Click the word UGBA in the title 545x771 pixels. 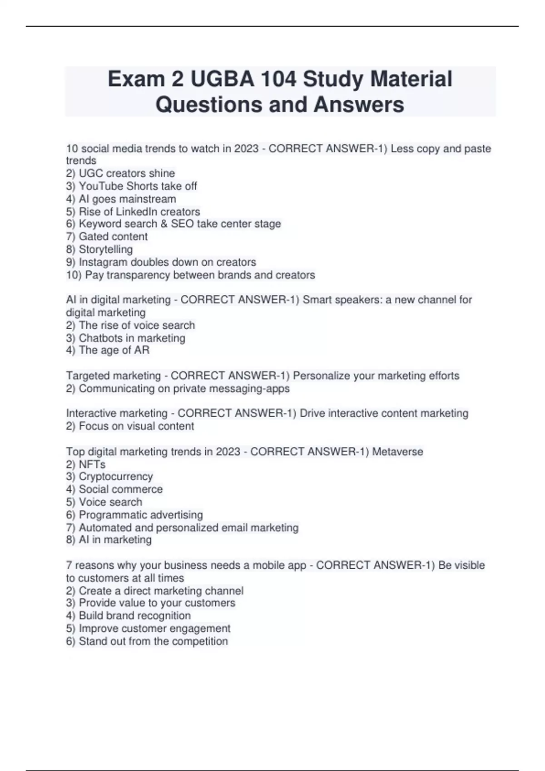tap(222, 79)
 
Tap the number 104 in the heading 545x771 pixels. tap(278, 79)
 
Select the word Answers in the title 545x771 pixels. tap(359, 104)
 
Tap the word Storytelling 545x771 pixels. tap(106, 249)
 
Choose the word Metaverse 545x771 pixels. tap(397, 452)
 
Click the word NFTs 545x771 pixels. tap(92, 464)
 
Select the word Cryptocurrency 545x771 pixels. tap(116, 477)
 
